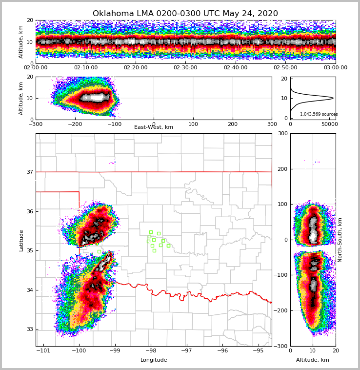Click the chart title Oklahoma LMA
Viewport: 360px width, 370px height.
coord(185,14)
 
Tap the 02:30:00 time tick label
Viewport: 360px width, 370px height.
coord(185,68)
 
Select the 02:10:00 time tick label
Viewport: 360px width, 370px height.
coord(85,68)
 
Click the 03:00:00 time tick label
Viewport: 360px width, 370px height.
coord(335,68)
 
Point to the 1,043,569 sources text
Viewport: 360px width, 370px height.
coord(319,114)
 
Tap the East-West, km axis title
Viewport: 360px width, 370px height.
coord(154,127)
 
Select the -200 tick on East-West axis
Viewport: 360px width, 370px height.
coord(75,124)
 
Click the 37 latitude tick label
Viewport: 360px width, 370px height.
coord(29,172)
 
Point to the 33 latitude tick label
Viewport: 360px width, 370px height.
coord(29,329)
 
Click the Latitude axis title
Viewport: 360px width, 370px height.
coord(21,240)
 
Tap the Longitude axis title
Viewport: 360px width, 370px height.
coord(154,360)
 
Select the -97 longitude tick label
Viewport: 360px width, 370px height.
coord(187,351)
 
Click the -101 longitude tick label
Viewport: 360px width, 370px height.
coord(44,351)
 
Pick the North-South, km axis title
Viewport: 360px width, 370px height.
coord(340,240)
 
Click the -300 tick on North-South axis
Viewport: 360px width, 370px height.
coord(281,346)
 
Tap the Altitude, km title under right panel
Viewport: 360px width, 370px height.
coord(312,360)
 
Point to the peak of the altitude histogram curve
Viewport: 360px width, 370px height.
coord(333,98)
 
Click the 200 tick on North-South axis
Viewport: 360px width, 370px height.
coord(283,169)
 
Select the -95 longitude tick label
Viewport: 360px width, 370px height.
coord(258,351)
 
